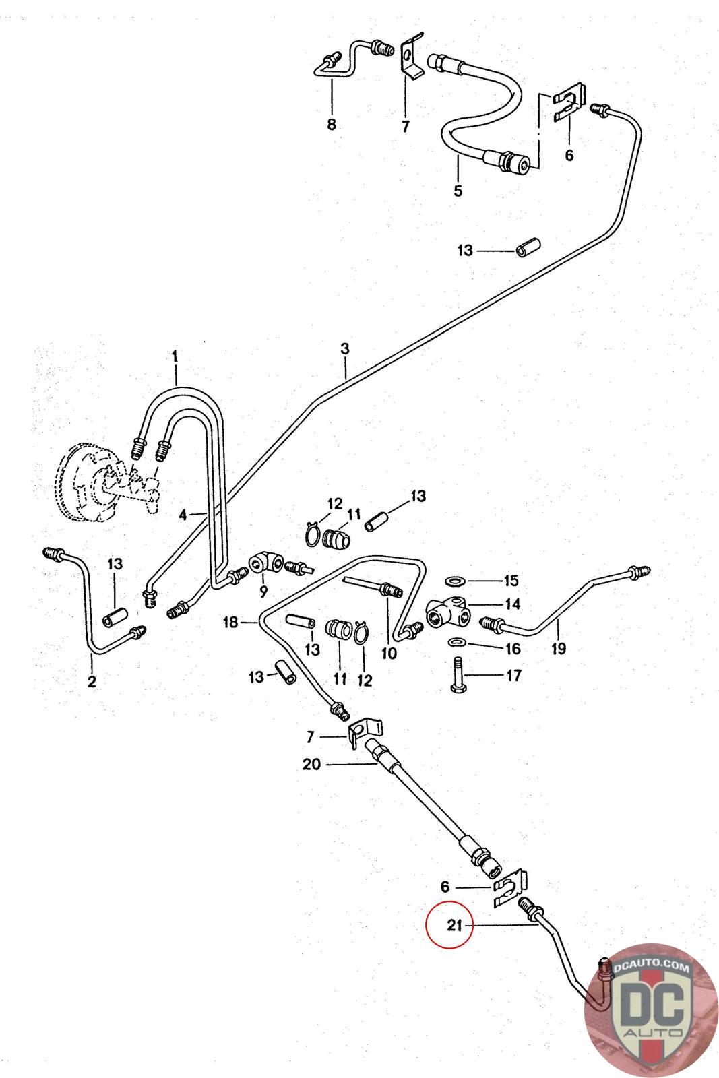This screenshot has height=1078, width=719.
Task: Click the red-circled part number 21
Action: pos(454,926)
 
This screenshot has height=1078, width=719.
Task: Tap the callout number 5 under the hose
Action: pos(458,191)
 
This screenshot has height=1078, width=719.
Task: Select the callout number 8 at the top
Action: pos(332,125)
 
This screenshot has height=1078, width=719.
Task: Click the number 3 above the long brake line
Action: pos(345,349)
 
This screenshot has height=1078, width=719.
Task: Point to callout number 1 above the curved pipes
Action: pos(175,356)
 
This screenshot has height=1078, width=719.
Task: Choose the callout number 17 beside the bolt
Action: pos(513,675)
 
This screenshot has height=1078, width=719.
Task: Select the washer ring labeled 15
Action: pos(456,580)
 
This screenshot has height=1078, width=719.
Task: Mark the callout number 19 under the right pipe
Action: pos(558,649)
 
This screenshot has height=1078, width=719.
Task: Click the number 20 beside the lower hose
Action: pos(313,764)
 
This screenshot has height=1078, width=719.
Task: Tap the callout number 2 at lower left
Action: pos(92,681)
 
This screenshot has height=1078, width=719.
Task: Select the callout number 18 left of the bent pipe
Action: pos(231,623)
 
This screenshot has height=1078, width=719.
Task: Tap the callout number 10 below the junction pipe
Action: pos(389,653)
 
